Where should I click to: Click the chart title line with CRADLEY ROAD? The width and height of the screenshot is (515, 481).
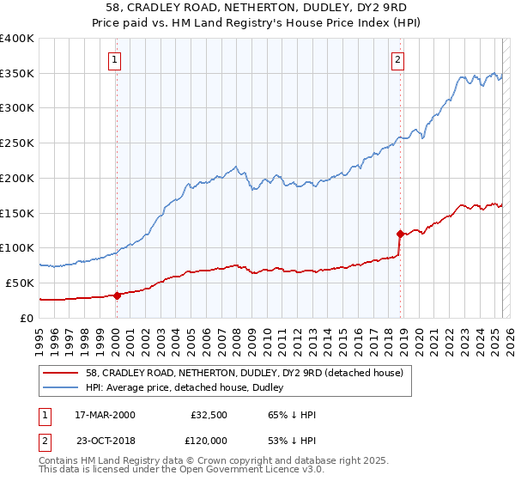pyautogui.click(x=257, y=9)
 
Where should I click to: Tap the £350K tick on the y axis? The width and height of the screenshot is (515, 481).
pyautogui.click(x=17, y=74)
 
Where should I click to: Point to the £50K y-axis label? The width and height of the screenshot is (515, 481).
pyautogui.click(x=21, y=283)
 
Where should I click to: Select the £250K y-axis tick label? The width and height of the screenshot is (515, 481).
pyautogui.click(x=17, y=143)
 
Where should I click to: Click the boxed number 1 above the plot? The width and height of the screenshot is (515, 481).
pyautogui.click(x=115, y=59)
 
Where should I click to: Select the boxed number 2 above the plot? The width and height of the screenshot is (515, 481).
pyautogui.click(x=399, y=59)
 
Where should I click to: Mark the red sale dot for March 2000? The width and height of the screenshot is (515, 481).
pyautogui.click(x=117, y=295)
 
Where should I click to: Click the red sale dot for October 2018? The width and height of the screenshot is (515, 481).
pyautogui.click(x=400, y=234)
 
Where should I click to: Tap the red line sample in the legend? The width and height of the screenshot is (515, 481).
pyautogui.click(x=61, y=372)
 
